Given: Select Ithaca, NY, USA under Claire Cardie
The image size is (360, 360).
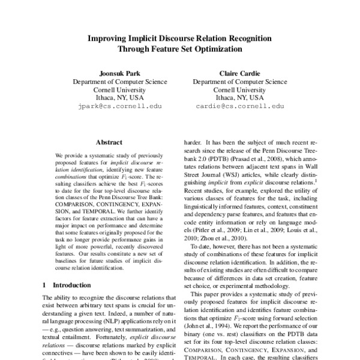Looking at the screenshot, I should click(240, 96).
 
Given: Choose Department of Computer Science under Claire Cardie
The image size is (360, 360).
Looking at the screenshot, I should click(240, 79).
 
